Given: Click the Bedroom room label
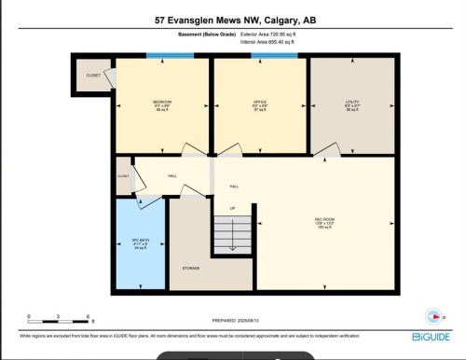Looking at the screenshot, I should point(162,104).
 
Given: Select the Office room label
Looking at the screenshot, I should point(260,104).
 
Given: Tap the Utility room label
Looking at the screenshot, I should point(352,104).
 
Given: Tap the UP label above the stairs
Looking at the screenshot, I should point(232,207).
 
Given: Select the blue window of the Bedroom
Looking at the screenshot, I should point(169,57).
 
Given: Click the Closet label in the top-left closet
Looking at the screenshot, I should point(92,76).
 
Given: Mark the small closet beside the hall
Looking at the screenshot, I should point(123,175).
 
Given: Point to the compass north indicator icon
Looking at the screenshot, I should point(431,314).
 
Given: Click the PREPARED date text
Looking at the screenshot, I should point(232,320).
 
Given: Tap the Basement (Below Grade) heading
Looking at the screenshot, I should point(205,34).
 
